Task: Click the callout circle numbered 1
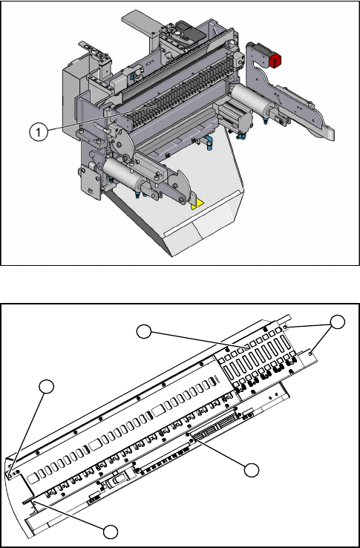[39, 132]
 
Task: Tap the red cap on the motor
[276, 60]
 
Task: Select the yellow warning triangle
[197, 204]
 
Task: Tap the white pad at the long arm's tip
[329, 133]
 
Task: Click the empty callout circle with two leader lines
[337, 322]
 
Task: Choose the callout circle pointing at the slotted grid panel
[144, 332]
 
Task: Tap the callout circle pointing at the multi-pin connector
[252, 470]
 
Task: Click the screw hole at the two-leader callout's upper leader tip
[286, 327]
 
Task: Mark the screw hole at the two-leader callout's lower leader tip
[311, 354]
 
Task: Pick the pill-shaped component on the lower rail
[117, 483]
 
